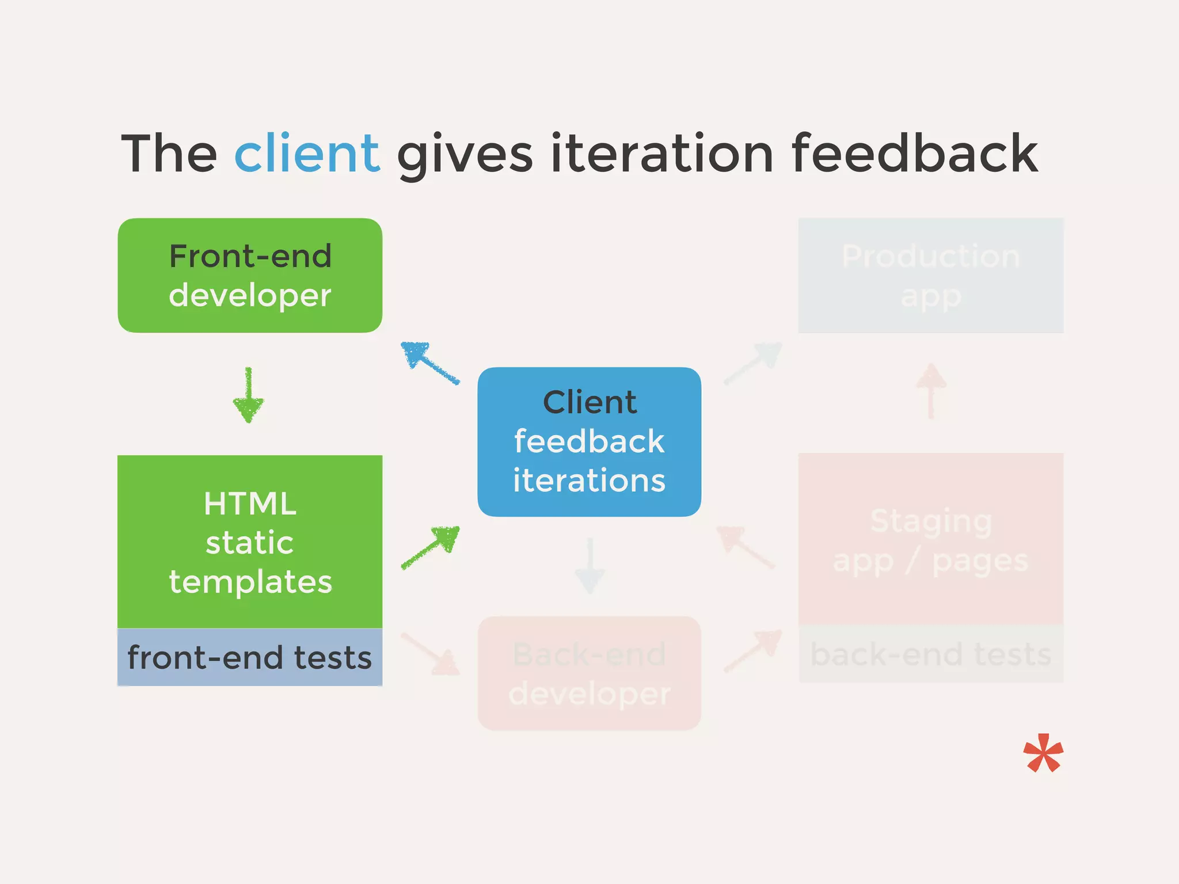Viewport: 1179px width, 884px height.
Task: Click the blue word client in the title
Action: pos(307,153)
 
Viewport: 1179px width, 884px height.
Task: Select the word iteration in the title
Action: pos(661,153)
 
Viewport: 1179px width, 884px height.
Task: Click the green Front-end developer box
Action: pos(250,275)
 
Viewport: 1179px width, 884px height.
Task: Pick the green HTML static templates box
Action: pos(250,541)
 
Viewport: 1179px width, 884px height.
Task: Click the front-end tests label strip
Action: pos(250,657)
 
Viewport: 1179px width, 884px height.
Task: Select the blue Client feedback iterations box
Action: pos(589,441)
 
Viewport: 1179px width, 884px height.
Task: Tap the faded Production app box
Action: pos(930,275)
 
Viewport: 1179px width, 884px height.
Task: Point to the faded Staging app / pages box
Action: pos(930,539)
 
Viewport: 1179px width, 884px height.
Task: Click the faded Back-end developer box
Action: pos(589,673)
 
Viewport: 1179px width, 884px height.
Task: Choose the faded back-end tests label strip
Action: pos(930,654)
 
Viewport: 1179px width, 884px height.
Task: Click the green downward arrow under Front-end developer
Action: pos(249,396)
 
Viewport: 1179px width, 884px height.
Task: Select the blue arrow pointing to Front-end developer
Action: pos(429,363)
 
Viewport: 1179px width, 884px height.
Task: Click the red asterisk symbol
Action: pos(1043,753)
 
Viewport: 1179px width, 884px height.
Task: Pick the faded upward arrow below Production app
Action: pos(931,390)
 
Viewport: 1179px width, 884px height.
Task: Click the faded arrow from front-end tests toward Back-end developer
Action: pos(431,654)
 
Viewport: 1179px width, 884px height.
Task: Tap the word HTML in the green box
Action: pos(250,504)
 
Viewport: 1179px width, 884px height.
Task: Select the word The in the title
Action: pos(169,153)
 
